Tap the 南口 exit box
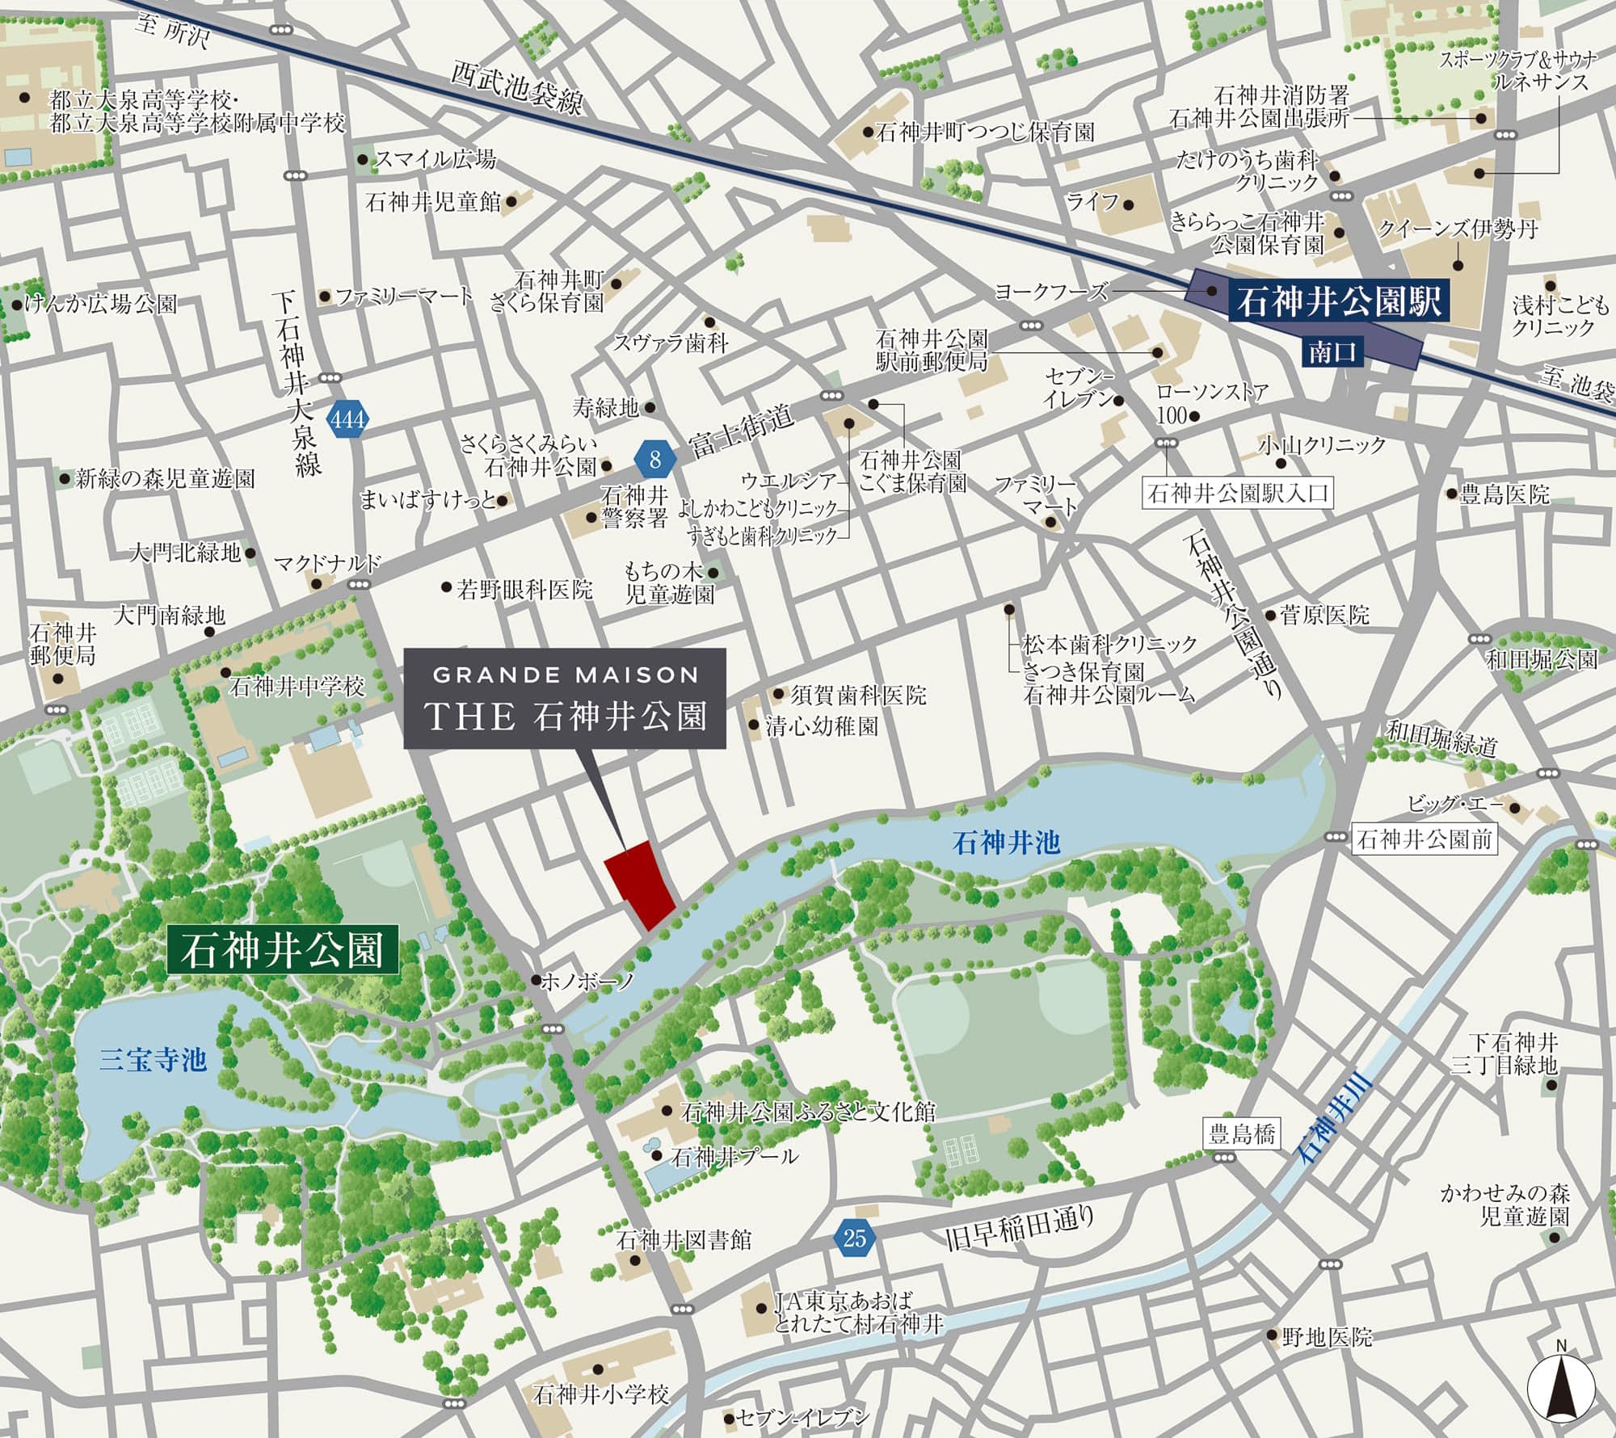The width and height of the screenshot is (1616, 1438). pyautogui.click(x=1332, y=352)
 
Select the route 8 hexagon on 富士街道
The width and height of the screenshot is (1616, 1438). pyautogui.click(x=655, y=459)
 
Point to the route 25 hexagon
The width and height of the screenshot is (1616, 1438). pyautogui.click(x=854, y=1238)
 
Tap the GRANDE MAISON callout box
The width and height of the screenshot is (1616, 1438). pyautogui.click(x=565, y=698)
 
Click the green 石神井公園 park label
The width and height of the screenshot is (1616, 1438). pyautogui.click(x=282, y=949)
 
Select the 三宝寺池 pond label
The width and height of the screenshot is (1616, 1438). pyautogui.click(x=154, y=1059)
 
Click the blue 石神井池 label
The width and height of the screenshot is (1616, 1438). pyautogui.click(x=1005, y=843)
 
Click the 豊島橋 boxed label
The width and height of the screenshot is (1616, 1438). pyautogui.click(x=1241, y=1134)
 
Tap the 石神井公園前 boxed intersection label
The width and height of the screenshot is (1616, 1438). pyautogui.click(x=1425, y=839)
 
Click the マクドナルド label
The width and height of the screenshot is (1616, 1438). pyautogui.click(x=327, y=563)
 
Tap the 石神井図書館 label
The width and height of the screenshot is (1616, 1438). pyautogui.click(x=684, y=1239)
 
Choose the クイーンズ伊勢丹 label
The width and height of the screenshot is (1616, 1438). pyautogui.click(x=1458, y=229)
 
